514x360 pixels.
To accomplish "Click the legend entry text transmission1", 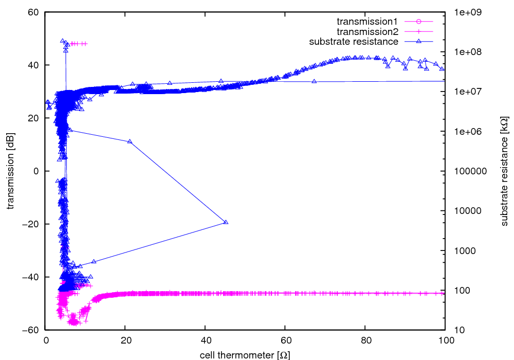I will [367, 22].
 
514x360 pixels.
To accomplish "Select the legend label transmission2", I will [367, 31].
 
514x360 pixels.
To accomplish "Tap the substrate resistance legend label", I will [354, 41].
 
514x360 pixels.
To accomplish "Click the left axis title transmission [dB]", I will [11, 171].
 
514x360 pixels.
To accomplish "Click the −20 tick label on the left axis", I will [32, 224].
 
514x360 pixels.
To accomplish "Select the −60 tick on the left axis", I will [32, 330].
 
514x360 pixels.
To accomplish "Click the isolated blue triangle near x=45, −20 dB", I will [226, 222].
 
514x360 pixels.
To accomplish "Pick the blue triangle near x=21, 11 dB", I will [130, 141].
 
